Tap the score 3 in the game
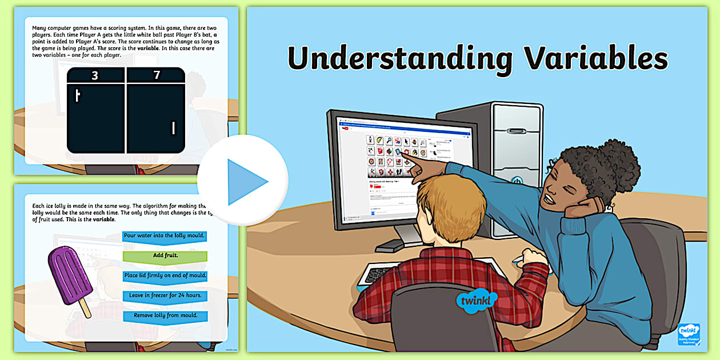[95, 75]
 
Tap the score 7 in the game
[157, 75]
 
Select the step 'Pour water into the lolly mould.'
[165, 236]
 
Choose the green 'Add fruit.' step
[165, 256]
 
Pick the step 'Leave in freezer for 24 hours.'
[165, 296]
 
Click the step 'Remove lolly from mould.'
[165, 315]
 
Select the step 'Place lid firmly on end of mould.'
[165, 276]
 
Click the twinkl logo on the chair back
[469, 302]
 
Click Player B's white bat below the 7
[173, 128]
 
